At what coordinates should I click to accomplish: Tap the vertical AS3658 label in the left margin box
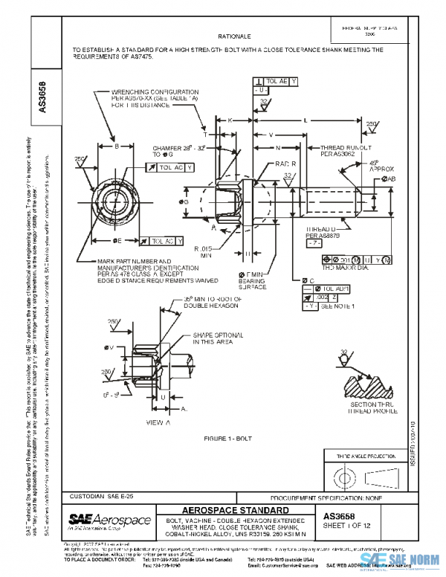click(x=42, y=95)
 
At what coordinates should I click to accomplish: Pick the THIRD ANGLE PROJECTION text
click(x=363, y=454)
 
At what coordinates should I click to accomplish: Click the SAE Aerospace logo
click(x=110, y=519)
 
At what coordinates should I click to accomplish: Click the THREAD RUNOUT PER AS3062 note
click(x=345, y=151)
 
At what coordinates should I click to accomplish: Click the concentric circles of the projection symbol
click(x=342, y=474)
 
